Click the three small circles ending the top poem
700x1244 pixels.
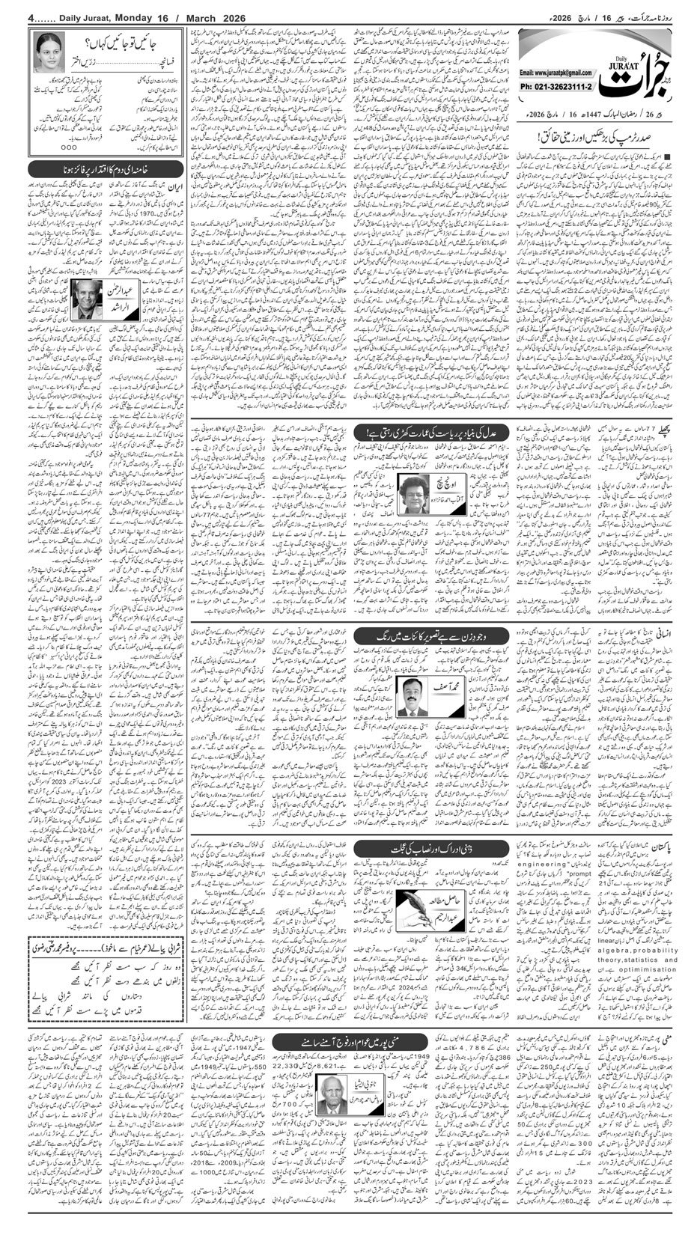67,147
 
